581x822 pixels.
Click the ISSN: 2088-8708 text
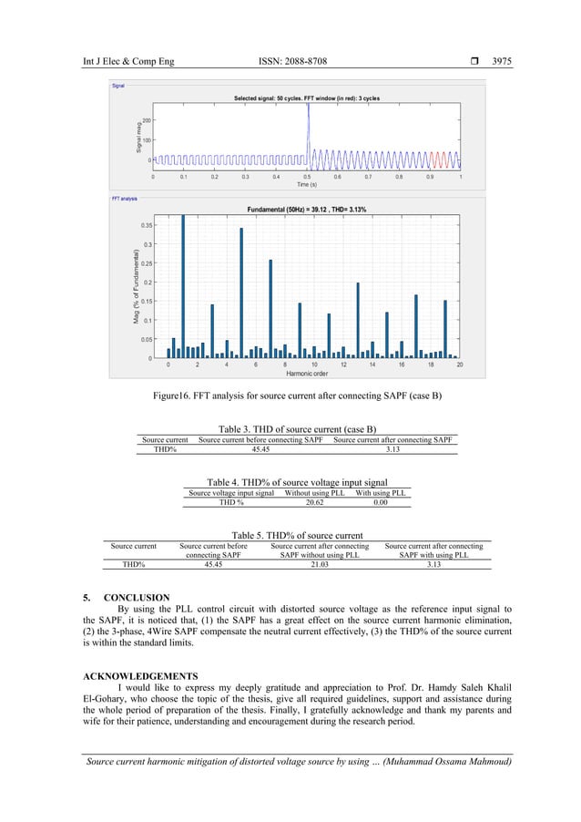[293, 61]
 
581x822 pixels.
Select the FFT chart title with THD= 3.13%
[306, 210]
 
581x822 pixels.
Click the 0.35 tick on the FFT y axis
[147, 225]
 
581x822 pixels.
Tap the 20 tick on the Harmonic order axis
[459, 365]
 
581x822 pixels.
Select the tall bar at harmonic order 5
[241, 292]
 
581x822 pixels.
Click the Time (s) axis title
[307, 184]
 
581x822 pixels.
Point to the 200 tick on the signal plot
[146, 119]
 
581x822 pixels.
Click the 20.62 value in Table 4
[313, 501]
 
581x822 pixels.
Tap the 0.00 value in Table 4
[380, 501]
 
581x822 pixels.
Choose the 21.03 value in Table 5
[319, 564]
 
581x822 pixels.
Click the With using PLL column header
[380, 492]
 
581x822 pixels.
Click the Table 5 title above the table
[298, 536]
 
